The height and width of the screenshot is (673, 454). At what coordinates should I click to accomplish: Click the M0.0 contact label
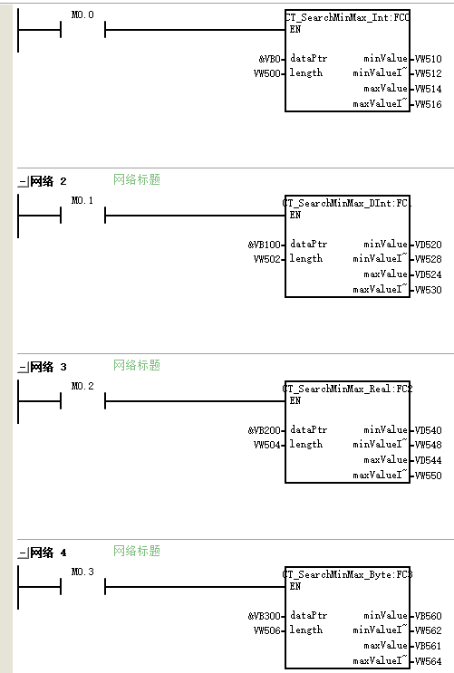pyautogui.click(x=82, y=15)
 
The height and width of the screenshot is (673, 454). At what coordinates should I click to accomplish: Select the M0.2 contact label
pyautogui.click(x=82, y=386)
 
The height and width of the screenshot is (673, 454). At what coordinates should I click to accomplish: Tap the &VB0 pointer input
pyautogui.click(x=269, y=59)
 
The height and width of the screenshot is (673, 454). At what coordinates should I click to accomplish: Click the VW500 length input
pyautogui.click(x=266, y=73)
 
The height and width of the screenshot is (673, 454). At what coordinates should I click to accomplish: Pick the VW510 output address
pyautogui.click(x=429, y=59)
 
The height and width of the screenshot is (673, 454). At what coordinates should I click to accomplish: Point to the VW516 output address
pyautogui.click(x=429, y=104)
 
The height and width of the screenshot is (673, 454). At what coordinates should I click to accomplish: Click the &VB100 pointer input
pyautogui.click(x=264, y=245)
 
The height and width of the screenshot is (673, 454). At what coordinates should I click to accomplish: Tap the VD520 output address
pyautogui.click(x=429, y=245)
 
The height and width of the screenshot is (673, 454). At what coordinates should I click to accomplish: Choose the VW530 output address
pyautogui.click(x=429, y=290)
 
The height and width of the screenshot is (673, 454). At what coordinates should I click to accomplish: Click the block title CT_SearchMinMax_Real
pyautogui.click(x=347, y=389)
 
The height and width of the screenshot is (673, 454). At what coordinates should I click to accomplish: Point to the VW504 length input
pyautogui.click(x=266, y=445)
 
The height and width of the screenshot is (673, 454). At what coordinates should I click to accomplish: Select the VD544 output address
pyautogui.click(x=429, y=460)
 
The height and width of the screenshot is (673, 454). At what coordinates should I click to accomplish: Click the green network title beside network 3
pyautogui.click(x=137, y=365)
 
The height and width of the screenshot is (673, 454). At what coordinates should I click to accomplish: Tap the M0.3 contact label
pyautogui.click(x=82, y=572)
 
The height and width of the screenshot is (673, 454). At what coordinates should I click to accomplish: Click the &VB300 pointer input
pyautogui.click(x=264, y=616)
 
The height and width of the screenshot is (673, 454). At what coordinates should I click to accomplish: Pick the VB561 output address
pyautogui.click(x=429, y=646)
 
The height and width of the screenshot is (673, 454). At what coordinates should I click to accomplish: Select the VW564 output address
pyautogui.click(x=429, y=661)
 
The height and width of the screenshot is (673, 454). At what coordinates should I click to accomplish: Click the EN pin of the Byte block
pyautogui.click(x=295, y=586)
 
